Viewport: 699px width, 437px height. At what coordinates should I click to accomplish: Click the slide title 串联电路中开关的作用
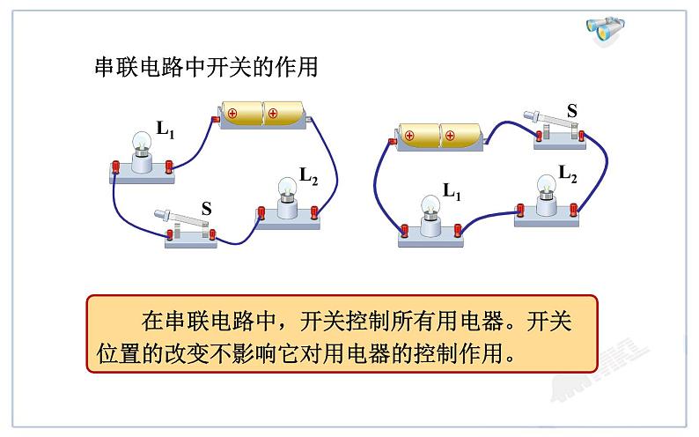pos(206,68)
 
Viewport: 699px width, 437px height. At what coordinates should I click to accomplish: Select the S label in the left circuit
pos(206,209)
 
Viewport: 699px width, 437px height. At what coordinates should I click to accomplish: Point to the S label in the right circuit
pos(572,111)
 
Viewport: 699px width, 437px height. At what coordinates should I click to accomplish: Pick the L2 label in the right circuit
pos(568,174)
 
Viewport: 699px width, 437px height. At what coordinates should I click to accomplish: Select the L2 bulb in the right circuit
pos(546,186)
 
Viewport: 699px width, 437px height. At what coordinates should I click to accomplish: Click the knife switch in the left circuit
pos(187,226)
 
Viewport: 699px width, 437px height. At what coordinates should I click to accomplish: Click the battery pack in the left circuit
pos(261,115)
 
